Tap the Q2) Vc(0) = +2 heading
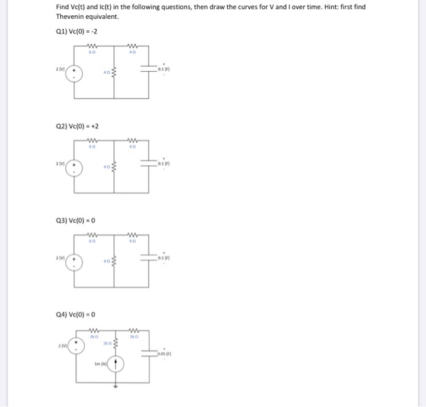tap(77, 126)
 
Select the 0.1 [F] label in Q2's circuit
tap(162, 164)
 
